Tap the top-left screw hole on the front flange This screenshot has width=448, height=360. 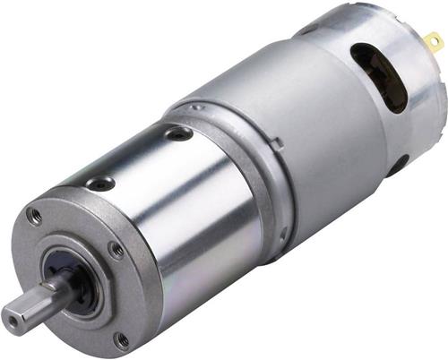click(35, 216)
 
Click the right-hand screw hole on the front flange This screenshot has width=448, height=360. click(116, 250)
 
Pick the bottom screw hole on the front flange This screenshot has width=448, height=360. click(121, 339)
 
